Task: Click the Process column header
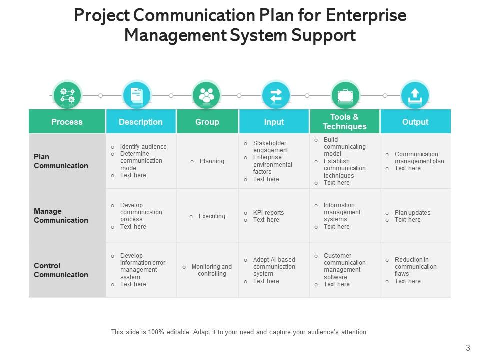pos(67,122)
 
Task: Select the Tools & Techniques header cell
pos(345,122)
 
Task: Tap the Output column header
pos(415,122)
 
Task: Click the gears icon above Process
pos(67,95)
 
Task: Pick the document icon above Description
pos(136,95)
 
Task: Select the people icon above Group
pos(206,95)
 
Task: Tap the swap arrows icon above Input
pos(276,95)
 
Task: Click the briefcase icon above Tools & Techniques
pos(345,95)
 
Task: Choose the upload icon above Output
pos(415,95)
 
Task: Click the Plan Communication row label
pos(61,161)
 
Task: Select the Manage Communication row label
pos(61,216)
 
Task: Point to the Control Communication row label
pos(61,270)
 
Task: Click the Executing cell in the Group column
pos(212,216)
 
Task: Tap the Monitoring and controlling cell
pos(212,270)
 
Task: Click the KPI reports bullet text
pos(268,213)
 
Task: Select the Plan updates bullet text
pos(412,213)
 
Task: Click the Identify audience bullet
pos(143,147)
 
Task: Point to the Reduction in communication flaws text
pos(415,267)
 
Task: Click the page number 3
pos(468,348)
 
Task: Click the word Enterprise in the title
pos(366,15)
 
